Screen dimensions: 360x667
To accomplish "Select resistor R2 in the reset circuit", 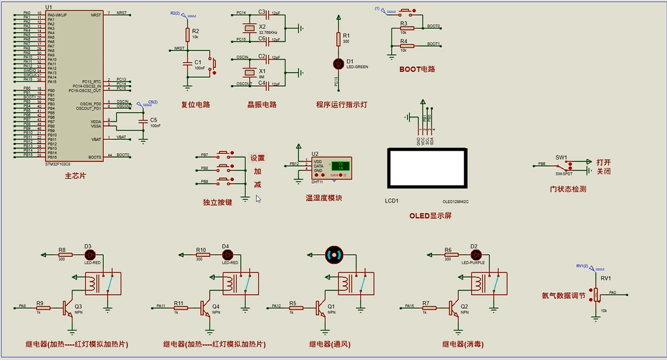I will point(187,34).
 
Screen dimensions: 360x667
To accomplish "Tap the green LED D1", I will point(339,63).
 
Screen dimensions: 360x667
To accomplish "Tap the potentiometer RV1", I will point(597,295).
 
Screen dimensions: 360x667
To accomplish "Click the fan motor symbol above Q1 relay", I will point(334,254).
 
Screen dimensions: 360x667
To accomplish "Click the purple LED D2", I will point(474,254).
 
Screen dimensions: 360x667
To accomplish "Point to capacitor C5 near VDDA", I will point(143,120).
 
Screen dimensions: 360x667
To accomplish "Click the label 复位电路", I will point(195,104).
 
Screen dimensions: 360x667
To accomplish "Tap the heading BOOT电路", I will point(417,69).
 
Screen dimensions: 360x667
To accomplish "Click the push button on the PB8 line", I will point(225,168).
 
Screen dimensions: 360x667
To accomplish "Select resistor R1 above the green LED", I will point(339,39).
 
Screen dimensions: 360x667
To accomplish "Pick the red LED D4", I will point(226,254).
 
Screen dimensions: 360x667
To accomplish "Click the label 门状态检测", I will point(568,189).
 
